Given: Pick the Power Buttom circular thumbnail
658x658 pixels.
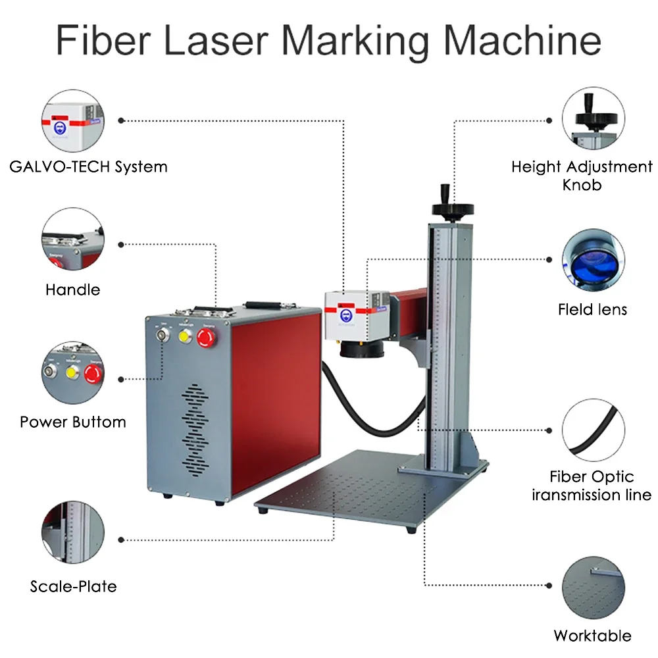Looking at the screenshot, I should [x=73, y=372].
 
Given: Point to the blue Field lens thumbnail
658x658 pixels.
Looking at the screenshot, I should [x=594, y=261].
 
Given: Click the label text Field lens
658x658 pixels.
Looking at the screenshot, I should [x=592, y=309].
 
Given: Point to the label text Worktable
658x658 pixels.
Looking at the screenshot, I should [x=592, y=636].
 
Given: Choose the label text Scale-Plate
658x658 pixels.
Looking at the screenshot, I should [x=73, y=586].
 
